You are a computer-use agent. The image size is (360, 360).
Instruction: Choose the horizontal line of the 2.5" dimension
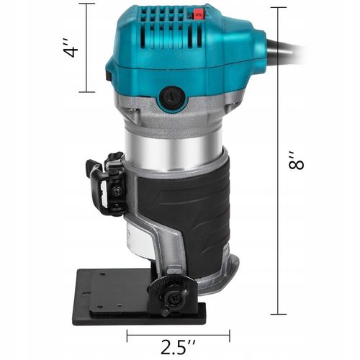point(178,335)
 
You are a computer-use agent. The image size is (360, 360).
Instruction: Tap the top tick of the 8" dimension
point(277,7)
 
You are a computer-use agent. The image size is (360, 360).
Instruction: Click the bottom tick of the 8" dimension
point(277,315)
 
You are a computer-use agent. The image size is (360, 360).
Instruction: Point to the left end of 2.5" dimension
point(127,335)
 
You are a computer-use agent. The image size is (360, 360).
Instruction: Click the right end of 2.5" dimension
point(230,335)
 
